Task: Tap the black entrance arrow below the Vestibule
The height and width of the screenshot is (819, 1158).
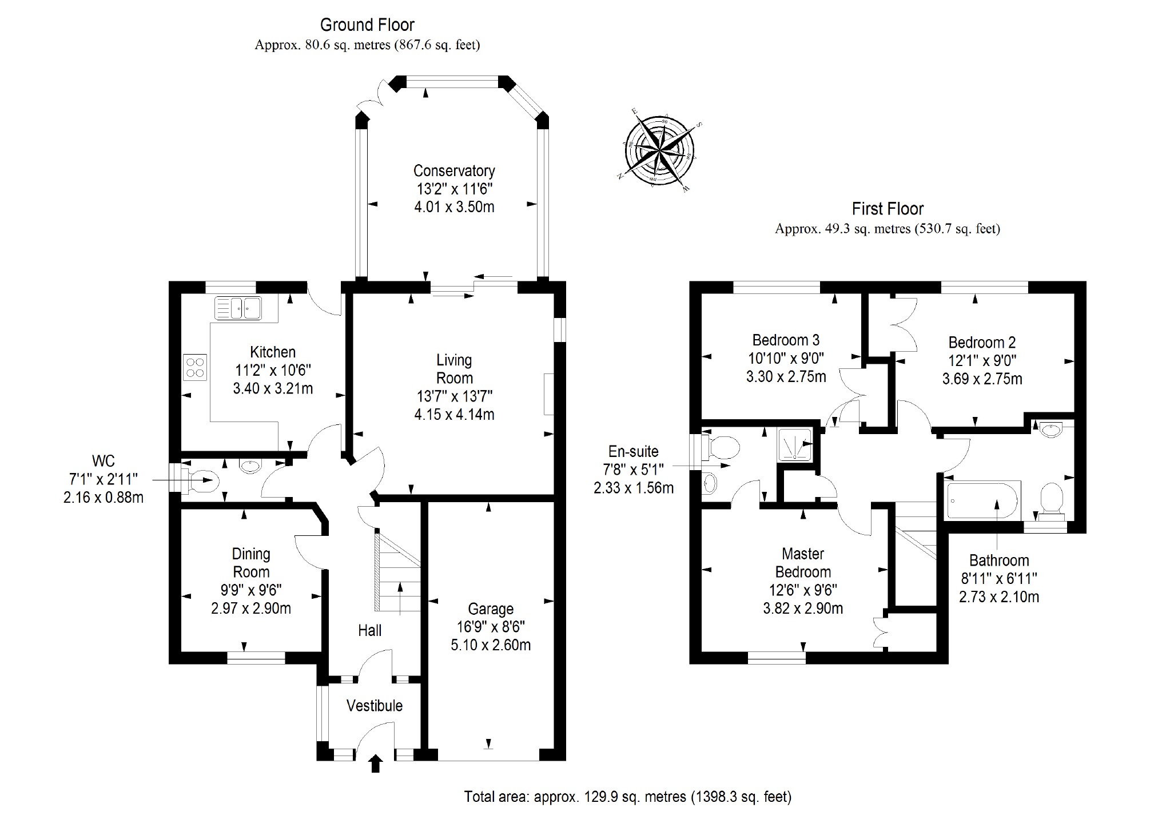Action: point(376,764)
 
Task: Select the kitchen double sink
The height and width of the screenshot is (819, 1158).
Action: point(238,308)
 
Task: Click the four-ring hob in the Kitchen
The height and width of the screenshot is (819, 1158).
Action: point(194,367)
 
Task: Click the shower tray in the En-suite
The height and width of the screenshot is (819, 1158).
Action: point(794,444)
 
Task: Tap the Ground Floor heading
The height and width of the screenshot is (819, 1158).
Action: point(367,25)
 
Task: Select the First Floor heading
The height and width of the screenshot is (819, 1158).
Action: point(888,209)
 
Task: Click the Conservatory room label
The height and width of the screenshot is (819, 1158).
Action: point(454,170)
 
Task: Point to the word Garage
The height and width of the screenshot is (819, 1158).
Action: point(491,609)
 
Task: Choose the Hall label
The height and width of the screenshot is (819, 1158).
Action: point(369,630)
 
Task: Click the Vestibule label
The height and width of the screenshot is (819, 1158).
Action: point(375,706)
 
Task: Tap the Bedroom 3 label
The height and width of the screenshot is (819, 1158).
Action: point(786,340)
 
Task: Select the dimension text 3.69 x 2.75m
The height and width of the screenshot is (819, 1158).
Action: point(982,379)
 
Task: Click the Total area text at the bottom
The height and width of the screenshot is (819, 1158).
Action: point(627,797)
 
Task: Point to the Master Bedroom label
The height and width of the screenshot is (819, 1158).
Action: point(803,563)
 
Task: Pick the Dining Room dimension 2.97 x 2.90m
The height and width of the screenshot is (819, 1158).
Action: point(251,609)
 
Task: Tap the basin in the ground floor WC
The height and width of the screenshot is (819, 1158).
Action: point(249,466)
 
